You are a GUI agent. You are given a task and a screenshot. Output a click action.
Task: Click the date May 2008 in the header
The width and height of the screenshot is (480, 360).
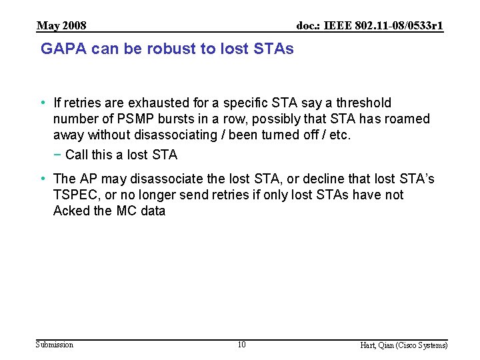tap(61, 26)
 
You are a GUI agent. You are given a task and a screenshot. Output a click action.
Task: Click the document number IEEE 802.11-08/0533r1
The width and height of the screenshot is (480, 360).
tap(370, 26)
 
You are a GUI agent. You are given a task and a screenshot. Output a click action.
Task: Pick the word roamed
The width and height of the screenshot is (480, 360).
tap(407, 119)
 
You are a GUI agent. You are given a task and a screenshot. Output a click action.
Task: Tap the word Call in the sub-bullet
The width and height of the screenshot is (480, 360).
tap(77, 155)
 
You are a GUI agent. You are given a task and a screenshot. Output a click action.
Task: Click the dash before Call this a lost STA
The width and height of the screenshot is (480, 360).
tap(58, 155)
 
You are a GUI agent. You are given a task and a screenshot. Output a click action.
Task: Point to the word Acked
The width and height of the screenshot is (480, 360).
tap(71, 211)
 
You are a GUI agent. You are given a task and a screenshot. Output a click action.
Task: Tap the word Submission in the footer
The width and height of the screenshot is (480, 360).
tap(55, 345)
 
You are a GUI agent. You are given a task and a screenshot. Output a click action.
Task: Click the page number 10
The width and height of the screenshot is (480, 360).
tap(241, 345)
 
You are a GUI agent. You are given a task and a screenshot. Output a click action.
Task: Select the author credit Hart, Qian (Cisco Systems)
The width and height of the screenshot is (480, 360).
tap(404, 345)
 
